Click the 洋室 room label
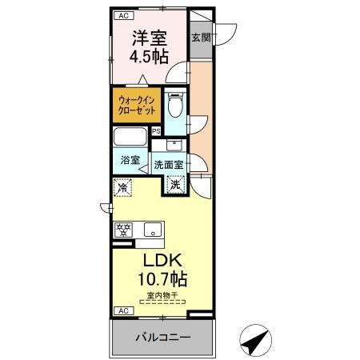pyautogui.click(x=149, y=37)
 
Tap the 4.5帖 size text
pyautogui.click(x=149, y=56)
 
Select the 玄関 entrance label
pyautogui.click(x=200, y=37)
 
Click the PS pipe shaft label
pyautogui.click(x=157, y=132)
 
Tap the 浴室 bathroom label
pyautogui.click(x=130, y=160)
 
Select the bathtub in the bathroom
pyautogui.click(x=130, y=135)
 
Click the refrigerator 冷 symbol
pyautogui.click(x=122, y=187)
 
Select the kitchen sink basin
pyautogui.click(x=150, y=230)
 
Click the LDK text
pyautogui.click(x=164, y=262)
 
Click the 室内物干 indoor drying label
pyautogui.click(x=163, y=297)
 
